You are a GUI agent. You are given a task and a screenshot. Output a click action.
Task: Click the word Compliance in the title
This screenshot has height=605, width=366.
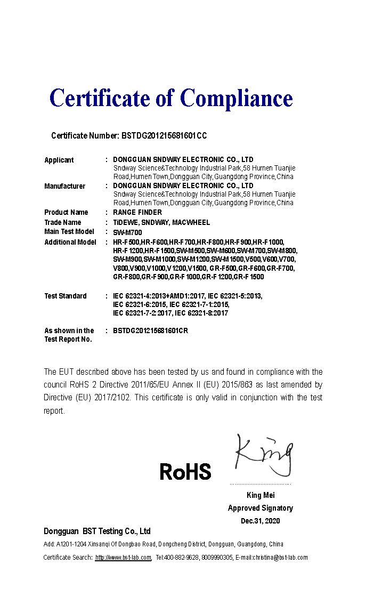236,98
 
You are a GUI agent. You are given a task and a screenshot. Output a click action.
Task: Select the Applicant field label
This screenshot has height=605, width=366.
59,160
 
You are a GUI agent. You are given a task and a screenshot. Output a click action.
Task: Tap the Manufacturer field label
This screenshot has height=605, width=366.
64,186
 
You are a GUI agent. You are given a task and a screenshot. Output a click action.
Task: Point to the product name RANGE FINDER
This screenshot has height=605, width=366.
137,212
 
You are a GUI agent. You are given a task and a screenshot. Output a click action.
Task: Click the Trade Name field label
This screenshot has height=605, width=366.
63,222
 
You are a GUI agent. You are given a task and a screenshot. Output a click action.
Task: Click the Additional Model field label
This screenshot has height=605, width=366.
70,242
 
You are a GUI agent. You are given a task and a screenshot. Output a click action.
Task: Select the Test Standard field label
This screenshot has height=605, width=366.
65,296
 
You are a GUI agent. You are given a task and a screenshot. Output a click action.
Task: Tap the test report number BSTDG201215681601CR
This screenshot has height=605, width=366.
150,330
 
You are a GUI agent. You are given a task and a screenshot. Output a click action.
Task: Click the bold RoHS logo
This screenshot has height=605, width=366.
185,472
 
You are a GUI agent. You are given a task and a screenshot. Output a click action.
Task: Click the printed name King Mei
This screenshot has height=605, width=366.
261,495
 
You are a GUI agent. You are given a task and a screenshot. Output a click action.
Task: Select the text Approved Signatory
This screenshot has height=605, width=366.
261,508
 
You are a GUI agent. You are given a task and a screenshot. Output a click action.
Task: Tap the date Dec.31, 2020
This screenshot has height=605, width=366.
260,521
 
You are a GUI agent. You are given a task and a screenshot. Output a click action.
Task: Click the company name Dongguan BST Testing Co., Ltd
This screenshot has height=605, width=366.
97,531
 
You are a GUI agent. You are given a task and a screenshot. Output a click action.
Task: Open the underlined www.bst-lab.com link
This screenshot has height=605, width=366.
123,558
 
